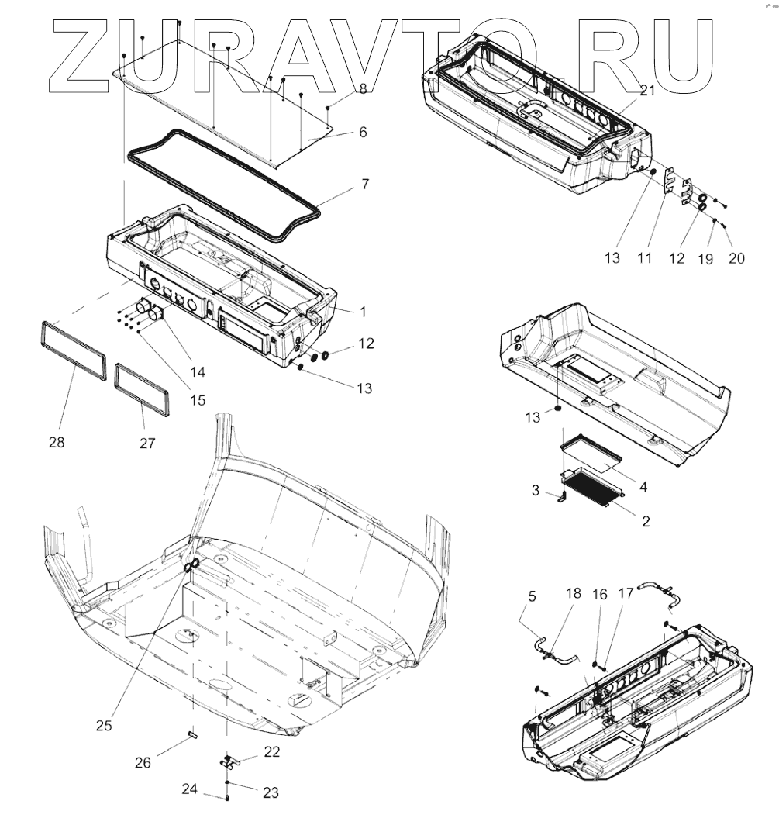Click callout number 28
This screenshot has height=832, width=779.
(x=57, y=442)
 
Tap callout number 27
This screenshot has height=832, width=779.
(x=147, y=444)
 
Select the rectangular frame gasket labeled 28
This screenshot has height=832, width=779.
(x=72, y=351)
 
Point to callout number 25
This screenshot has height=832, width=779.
(x=104, y=725)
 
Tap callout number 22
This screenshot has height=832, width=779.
(x=271, y=751)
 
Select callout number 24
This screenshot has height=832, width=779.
(x=190, y=790)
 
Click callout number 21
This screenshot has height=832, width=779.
(x=647, y=90)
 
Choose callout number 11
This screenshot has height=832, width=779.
(x=645, y=257)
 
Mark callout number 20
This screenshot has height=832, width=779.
(x=736, y=257)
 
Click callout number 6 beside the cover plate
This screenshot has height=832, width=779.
(x=362, y=132)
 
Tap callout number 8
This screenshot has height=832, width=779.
(x=362, y=90)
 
